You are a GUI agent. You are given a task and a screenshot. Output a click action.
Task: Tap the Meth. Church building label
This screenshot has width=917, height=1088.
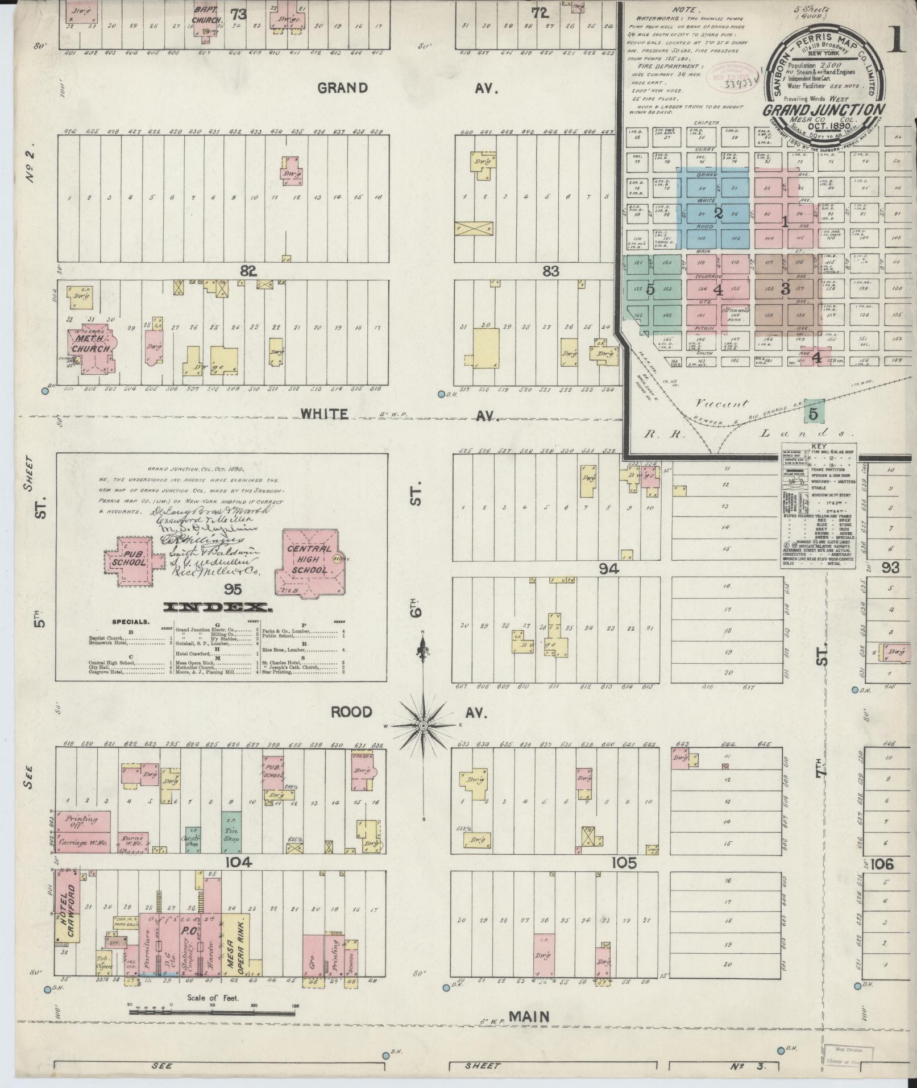point(90,344)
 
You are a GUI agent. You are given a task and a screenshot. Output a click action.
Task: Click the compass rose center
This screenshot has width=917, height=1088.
point(423,726)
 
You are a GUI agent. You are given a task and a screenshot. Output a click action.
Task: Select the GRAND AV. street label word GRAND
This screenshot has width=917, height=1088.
point(342,88)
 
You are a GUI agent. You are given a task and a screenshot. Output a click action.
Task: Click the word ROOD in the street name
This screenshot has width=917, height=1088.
point(352,712)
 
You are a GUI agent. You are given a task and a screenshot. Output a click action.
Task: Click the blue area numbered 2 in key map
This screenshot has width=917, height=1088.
point(718,213)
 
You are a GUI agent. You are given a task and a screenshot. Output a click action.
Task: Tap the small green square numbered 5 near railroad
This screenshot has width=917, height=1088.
point(814,414)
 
